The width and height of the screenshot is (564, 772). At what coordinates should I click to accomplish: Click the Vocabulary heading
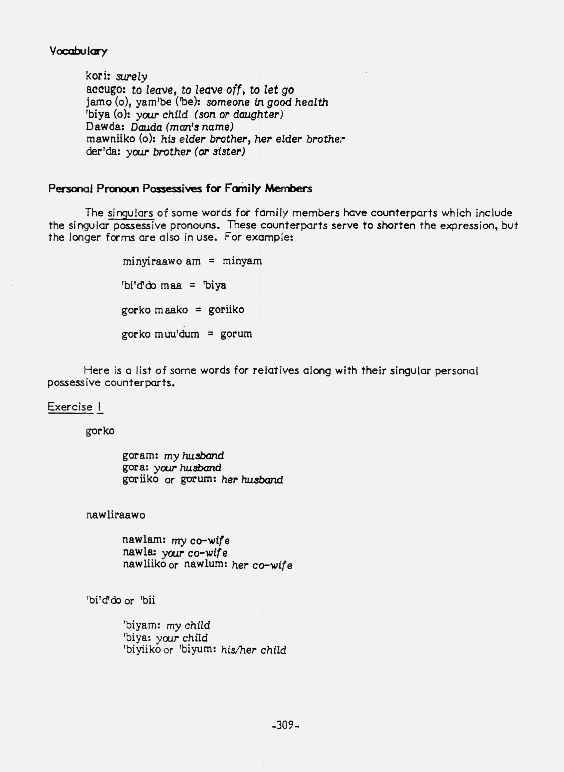point(78,51)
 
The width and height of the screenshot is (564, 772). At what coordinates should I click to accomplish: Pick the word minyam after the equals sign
point(242,261)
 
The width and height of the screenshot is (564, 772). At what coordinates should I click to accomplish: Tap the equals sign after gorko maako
point(198,310)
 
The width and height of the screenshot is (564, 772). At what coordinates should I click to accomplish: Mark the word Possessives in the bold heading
point(172,189)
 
